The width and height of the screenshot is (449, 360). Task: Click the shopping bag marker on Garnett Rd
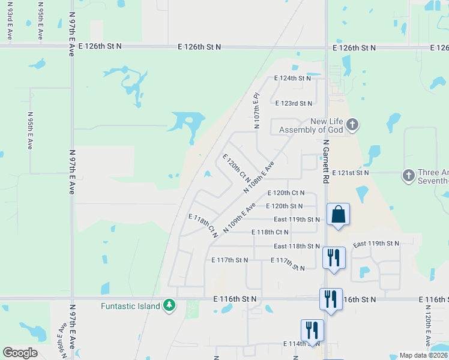[x=338, y=214]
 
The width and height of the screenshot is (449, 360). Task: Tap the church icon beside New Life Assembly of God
[x=352, y=125]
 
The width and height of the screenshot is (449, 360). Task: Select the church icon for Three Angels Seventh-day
[x=408, y=175]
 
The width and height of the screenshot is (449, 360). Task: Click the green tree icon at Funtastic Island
[x=170, y=306]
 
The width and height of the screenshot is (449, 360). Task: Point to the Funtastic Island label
[x=130, y=306]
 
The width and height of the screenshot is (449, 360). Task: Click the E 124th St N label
[x=293, y=79]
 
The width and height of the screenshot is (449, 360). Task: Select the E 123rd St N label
[x=294, y=104]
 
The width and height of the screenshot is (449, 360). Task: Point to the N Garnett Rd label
[x=326, y=162]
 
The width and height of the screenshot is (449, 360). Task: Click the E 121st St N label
[x=350, y=173]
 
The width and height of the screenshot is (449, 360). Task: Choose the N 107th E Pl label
[x=256, y=110]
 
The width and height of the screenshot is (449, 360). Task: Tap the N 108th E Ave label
[x=259, y=177]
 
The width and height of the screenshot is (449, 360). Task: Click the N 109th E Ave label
[x=240, y=217]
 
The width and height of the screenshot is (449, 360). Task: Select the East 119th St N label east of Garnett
[x=376, y=244]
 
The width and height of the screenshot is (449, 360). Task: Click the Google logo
[x=20, y=353]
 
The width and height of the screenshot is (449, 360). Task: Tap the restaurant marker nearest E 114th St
[x=312, y=330]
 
